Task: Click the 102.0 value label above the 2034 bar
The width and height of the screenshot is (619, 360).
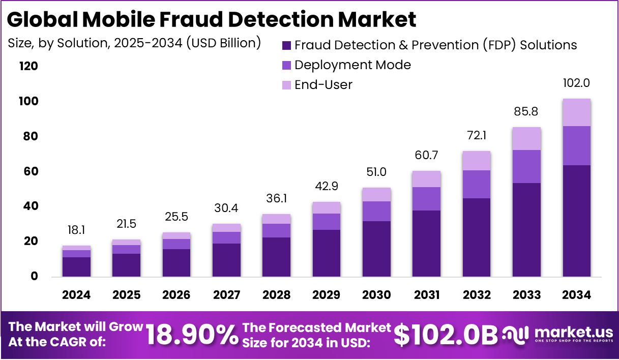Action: pos(576,83)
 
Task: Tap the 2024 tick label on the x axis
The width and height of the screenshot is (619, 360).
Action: pos(76,295)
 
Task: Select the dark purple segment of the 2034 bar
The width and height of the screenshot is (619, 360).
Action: pos(576,221)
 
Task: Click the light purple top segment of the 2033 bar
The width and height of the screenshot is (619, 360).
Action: pos(526,138)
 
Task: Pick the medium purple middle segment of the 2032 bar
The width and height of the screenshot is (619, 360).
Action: pos(477,184)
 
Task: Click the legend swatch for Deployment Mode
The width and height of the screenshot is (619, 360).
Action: pos(286,65)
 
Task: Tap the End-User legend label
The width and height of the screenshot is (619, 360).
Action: pos(323,84)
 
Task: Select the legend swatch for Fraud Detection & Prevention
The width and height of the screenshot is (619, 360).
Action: pos(286,45)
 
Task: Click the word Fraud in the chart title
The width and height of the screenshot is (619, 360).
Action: pos(196,19)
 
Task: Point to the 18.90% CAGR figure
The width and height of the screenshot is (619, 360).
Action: pos(192,335)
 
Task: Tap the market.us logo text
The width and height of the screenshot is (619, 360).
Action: pos(573,333)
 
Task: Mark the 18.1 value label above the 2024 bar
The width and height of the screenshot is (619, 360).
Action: pos(76,230)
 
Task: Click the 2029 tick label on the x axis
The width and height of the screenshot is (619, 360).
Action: pos(327,295)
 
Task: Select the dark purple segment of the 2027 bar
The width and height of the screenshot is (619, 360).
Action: pos(226,260)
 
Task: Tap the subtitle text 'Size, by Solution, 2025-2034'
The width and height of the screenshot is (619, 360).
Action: pos(95,43)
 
